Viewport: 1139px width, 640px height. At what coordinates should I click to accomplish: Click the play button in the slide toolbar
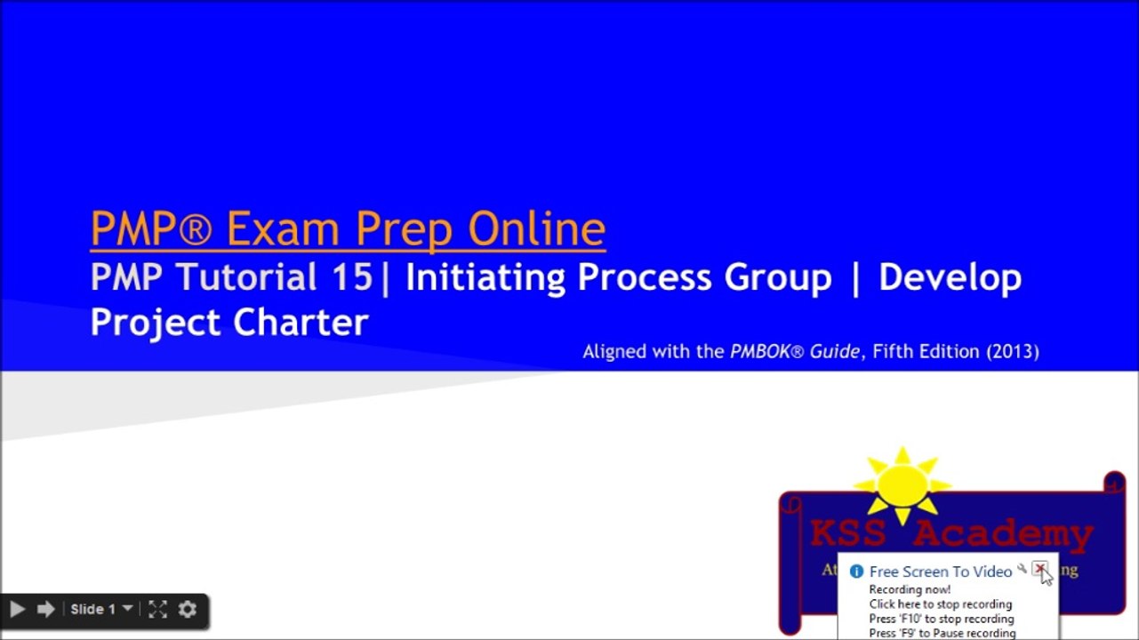point(16,609)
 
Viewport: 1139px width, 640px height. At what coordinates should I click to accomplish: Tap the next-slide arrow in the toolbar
point(45,609)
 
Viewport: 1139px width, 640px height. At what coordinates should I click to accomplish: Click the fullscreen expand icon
point(157,609)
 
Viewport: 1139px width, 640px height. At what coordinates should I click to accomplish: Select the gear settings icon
point(187,609)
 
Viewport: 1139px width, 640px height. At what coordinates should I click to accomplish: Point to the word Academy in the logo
point(1002,534)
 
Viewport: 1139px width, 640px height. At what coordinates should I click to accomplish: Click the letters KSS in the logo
point(847,534)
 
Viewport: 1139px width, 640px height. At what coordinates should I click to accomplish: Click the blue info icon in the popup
point(856,572)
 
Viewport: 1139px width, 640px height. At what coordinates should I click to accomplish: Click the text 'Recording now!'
point(910,589)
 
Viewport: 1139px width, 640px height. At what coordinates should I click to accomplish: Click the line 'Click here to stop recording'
point(941,604)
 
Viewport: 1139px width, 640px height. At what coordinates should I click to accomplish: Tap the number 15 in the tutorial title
point(353,277)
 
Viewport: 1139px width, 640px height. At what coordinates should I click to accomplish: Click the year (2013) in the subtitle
point(1012,351)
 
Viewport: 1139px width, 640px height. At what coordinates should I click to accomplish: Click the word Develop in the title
point(950,277)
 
